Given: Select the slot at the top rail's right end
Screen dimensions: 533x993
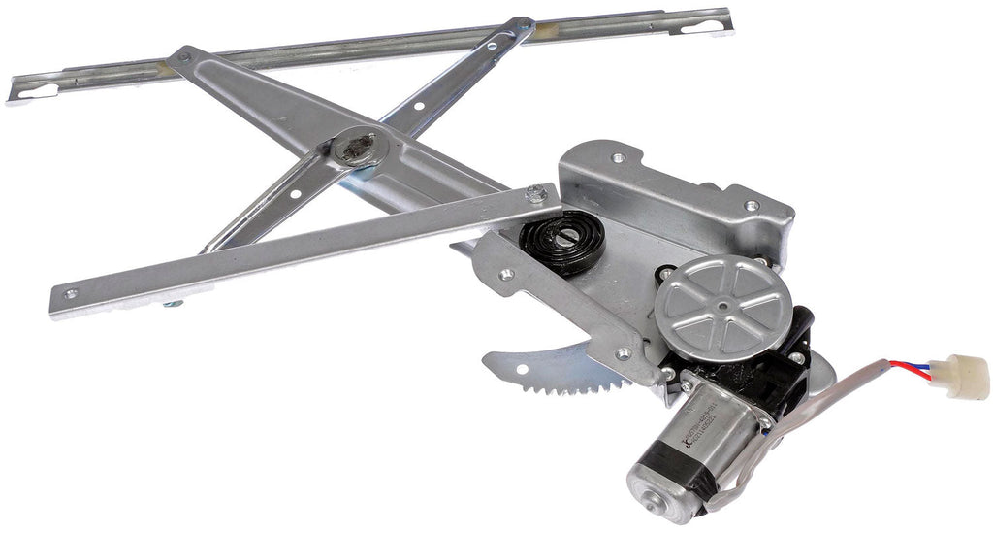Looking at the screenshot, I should click(x=700, y=23).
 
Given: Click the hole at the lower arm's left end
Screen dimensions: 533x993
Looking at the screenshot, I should click(x=71, y=292).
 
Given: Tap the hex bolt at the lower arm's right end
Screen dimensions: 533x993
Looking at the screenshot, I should click(x=534, y=195).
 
